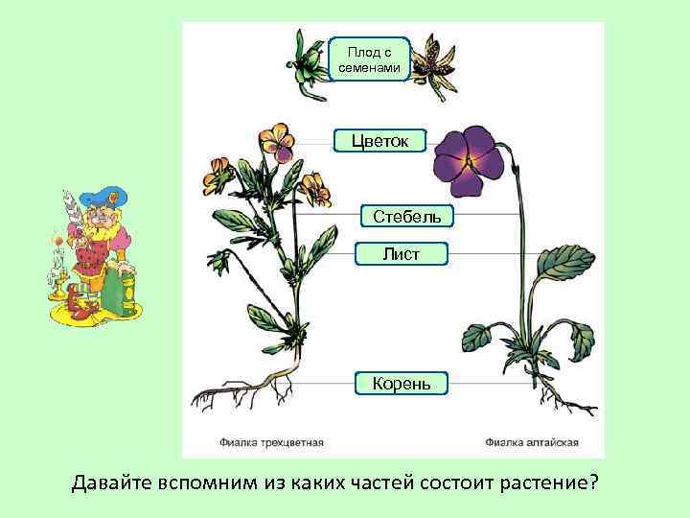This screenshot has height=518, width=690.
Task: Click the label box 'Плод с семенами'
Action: pyautogui.click(x=369, y=58)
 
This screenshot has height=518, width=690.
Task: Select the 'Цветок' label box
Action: pyautogui.click(x=379, y=141)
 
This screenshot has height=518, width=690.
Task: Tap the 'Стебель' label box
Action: pyautogui.click(x=407, y=215)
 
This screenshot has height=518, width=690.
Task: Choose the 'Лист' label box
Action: pyautogui.click(x=401, y=253)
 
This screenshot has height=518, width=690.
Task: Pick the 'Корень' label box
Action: pyautogui.click(x=401, y=384)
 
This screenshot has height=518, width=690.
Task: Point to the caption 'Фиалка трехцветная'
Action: pyautogui.click(x=267, y=443)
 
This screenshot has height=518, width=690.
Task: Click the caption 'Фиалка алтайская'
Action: pyautogui.click(x=531, y=443)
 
